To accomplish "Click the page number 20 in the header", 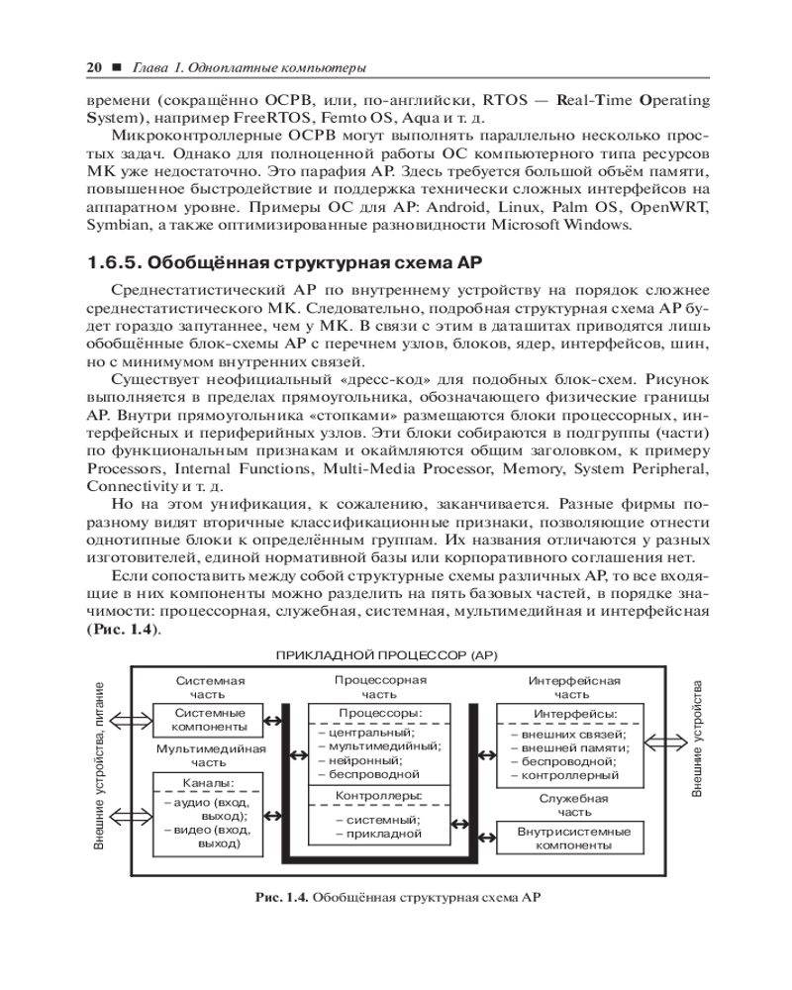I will click(x=95, y=67).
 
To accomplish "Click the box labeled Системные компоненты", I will click(x=209, y=720).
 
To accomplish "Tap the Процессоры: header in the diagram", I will click(x=380, y=713).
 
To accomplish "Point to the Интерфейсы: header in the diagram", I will click(x=575, y=714).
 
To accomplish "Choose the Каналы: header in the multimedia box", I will click(x=208, y=783).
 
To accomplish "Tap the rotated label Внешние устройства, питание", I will click(x=99, y=767).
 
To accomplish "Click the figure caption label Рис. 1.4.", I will click(x=283, y=898).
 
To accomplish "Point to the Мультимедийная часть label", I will click(x=208, y=755).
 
